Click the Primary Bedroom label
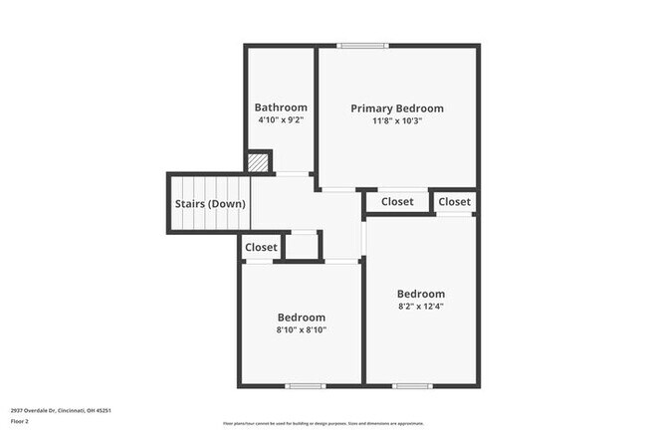tap(397, 108)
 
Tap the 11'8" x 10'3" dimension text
tap(397, 121)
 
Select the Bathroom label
tap(281, 108)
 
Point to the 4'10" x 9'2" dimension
tap(281, 120)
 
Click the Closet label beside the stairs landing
tap(262, 247)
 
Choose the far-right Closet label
tap(455, 202)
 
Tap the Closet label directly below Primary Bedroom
tap(397, 202)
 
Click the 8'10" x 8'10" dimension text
tap(301, 330)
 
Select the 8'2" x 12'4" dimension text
tap(421, 307)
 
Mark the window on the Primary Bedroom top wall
tap(361, 45)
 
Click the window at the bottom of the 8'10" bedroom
tap(306, 385)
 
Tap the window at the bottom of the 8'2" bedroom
tap(412, 385)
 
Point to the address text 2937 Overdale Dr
tap(61, 410)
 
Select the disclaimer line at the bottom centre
tap(323, 424)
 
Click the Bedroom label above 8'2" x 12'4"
tap(421, 294)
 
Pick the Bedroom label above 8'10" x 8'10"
tap(301, 318)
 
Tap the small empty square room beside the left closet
tap(303, 245)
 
